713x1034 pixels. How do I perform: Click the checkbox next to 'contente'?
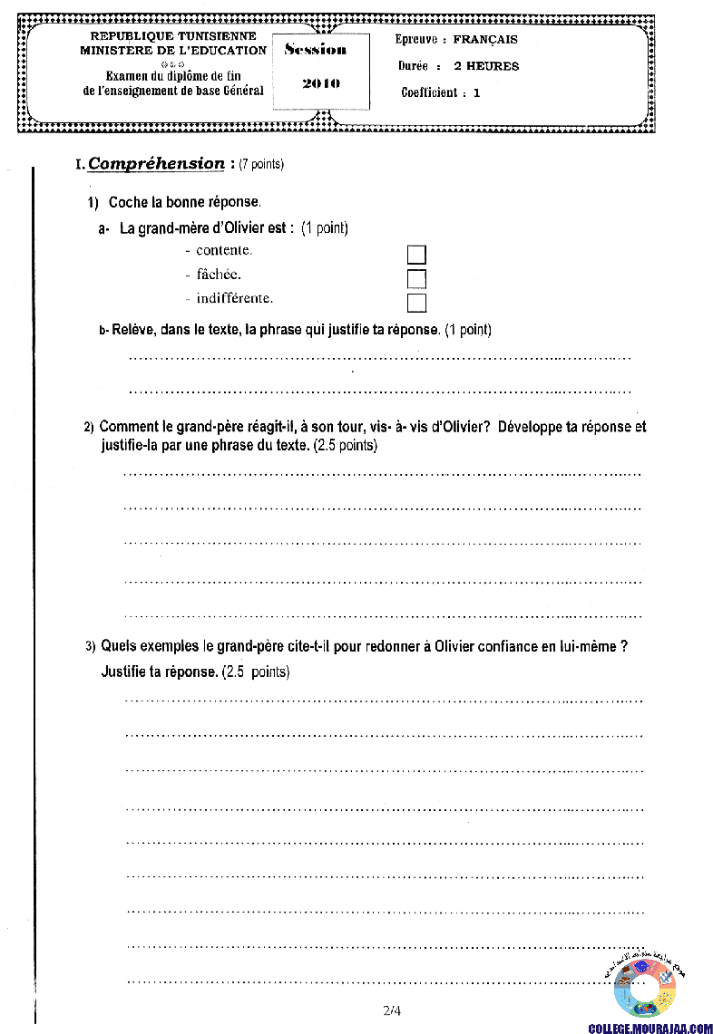coord(416,255)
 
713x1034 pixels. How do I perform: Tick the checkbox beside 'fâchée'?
coord(416,278)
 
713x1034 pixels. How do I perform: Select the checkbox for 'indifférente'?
coord(416,303)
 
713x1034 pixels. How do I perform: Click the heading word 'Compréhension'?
coord(156,164)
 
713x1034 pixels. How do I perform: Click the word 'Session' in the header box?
coord(315,50)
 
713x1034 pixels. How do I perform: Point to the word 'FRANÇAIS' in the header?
coord(485,40)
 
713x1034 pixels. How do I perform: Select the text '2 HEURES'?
coord(486,66)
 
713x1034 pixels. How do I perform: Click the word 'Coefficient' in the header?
coord(429,92)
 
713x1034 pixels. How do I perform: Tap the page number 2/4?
coord(392,1010)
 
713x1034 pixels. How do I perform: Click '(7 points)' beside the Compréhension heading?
coord(261,164)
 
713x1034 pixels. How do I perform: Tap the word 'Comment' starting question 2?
coord(125,427)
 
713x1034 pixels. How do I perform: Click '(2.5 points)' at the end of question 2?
coord(345,446)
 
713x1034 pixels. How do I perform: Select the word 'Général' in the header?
coord(239,91)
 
